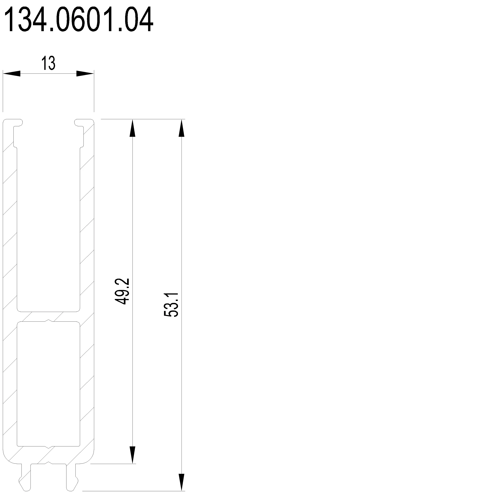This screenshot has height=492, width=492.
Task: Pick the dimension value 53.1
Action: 171,305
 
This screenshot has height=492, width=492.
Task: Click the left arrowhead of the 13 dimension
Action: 11,74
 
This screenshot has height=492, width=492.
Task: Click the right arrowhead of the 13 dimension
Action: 85,74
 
